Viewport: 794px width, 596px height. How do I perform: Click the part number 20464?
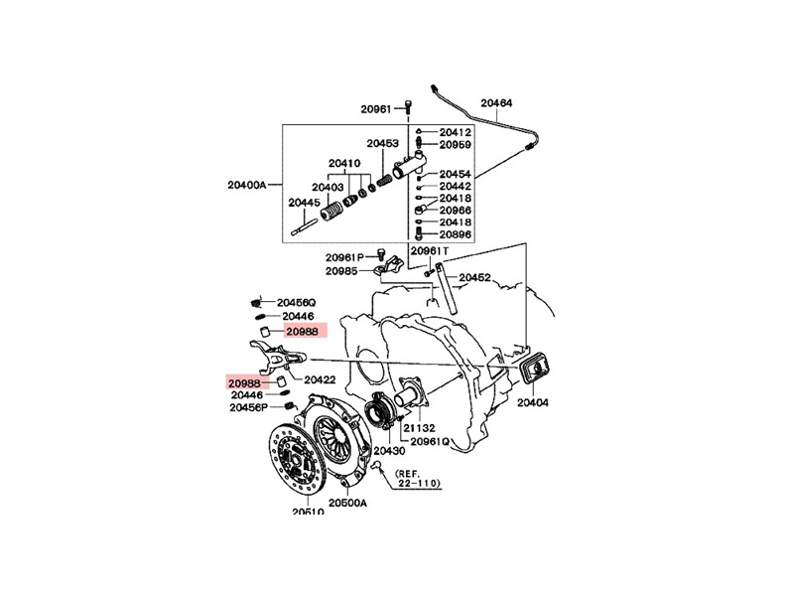pyautogui.click(x=497, y=102)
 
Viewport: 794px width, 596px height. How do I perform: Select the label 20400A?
pyautogui.click(x=247, y=185)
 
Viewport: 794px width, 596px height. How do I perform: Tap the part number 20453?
pyautogui.click(x=382, y=143)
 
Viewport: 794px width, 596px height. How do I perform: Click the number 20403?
pyautogui.click(x=328, y=187)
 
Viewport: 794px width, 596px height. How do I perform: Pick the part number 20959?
pyautogui.click(x=456, y=145)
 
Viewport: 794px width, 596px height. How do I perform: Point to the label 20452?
pyautogui.click(x=474, y=278)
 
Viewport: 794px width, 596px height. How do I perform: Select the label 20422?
pyautogui.click(x=320, y=379)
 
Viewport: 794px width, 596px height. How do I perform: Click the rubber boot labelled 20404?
pyautogui.click(x=534, y=372)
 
